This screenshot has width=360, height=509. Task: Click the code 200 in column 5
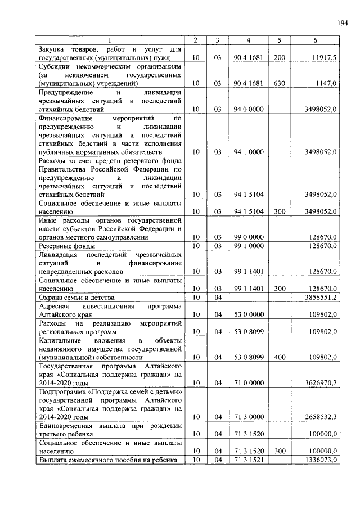tap(280, 58)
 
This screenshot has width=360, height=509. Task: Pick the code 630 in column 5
tap(280, 83)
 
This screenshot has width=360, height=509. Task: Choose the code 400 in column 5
tap(280, 357)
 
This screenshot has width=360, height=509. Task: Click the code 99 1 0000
tap(249, 245)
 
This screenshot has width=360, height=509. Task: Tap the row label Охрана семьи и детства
tap(76, 296)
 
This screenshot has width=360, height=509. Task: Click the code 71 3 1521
tap(249, 460)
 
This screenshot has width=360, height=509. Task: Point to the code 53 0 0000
tap(249, 314)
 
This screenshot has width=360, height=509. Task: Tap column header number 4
tap(249, 40)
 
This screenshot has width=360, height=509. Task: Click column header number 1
tap(110, 40)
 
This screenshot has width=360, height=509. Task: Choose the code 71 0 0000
tap(249, 382)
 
